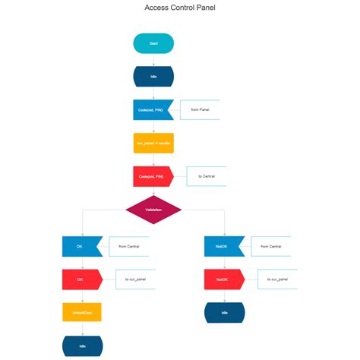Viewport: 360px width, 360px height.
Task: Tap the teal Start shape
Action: (153, 43)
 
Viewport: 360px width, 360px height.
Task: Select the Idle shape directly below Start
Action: (153, 77)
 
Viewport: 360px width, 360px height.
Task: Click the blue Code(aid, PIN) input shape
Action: (152, 110)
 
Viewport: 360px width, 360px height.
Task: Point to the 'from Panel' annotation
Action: (200, 110)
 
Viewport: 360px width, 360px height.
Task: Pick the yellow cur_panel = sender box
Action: (153, 143)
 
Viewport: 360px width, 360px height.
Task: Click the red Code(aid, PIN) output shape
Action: (152, 176)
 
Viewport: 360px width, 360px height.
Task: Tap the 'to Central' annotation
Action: (207, 176)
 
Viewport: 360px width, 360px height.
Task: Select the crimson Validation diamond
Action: (153, 210)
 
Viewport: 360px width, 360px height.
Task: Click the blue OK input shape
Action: (81, 246)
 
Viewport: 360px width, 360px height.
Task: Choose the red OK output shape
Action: (81, 279)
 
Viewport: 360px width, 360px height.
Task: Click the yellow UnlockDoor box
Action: (82, 312)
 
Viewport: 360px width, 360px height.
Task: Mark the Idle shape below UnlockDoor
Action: (82, 346)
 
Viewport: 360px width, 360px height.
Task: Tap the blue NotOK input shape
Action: (223, 246)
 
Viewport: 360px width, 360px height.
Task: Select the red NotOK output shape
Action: (223, 279)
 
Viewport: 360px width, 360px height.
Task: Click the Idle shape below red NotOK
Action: (225, 312)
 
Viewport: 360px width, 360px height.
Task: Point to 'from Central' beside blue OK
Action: (129, 246)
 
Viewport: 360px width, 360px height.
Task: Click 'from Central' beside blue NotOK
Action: (271, 246)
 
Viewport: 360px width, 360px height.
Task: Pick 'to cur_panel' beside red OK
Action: (136, 279)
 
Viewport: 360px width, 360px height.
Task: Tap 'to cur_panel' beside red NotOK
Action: (278, 279)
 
